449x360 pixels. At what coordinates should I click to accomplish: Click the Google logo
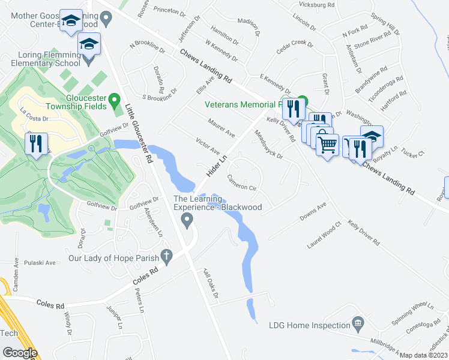19,353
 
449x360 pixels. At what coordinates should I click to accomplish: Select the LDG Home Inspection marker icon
358,325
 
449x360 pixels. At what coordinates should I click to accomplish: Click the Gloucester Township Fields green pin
118,105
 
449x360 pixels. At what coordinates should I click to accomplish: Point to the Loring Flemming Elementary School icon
89,46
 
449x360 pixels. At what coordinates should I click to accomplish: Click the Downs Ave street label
313,211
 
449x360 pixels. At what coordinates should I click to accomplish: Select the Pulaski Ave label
40,263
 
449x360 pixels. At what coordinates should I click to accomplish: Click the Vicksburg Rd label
319,5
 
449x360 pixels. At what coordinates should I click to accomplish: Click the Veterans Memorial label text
243,104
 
